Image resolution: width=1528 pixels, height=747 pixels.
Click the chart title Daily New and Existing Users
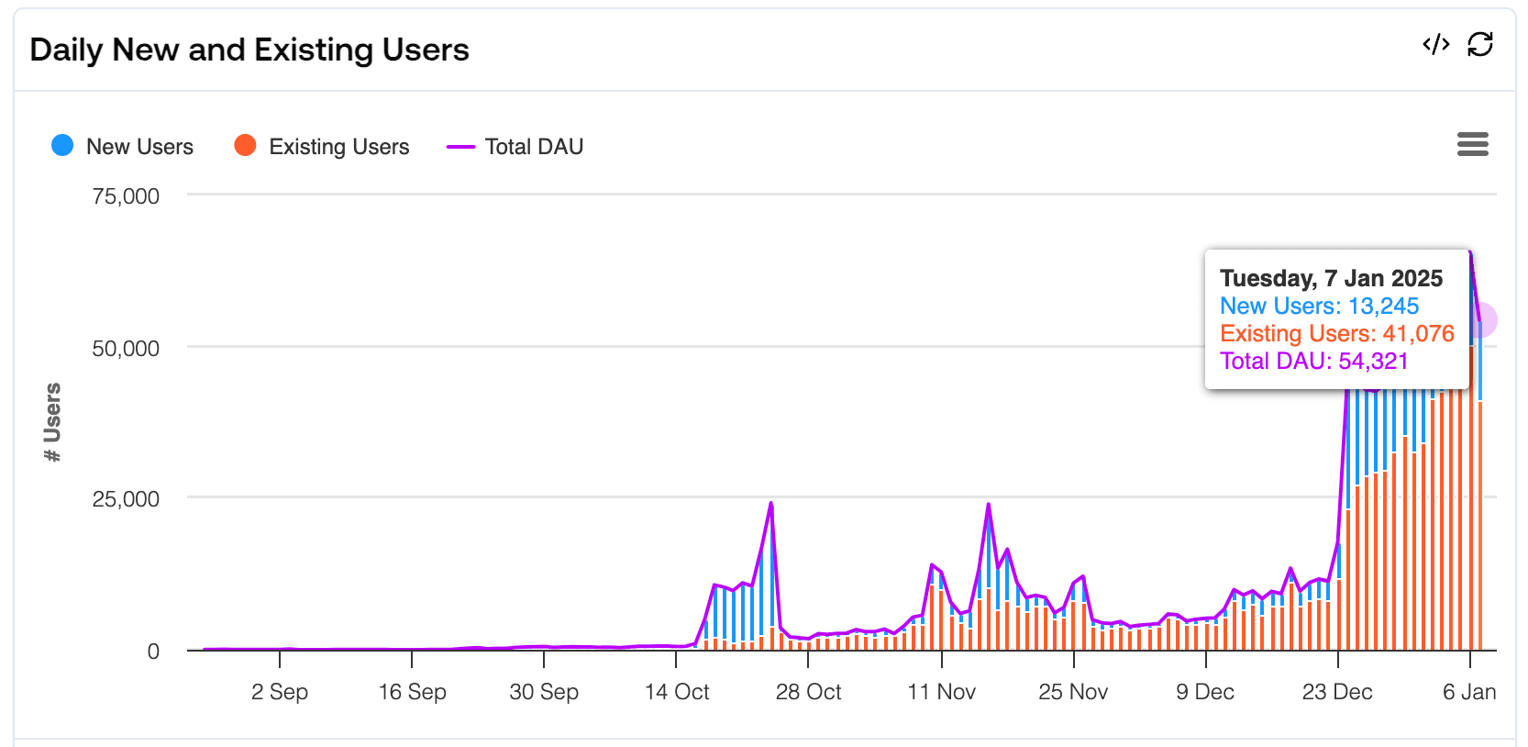249,50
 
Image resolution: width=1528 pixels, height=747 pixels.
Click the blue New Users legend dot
62,146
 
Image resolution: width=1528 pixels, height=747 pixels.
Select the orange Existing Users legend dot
245,146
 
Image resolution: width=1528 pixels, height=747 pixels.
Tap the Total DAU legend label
534,147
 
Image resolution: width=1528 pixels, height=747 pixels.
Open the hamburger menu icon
1472,144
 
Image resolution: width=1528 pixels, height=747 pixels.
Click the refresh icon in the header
1480,44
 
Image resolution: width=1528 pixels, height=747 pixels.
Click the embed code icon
1435,44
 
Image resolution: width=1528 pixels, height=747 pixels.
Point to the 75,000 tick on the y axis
126,196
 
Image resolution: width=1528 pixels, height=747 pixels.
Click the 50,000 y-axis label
126,349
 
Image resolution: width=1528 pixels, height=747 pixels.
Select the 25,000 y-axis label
126,499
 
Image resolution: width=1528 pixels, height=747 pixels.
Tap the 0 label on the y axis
153,652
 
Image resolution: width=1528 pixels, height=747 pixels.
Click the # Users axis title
52,422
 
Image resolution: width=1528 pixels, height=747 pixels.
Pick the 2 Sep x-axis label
280,692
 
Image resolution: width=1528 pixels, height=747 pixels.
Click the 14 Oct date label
677,692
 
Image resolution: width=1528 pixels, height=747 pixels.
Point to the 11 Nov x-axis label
942,692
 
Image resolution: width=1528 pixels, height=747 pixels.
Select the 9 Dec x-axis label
1205,692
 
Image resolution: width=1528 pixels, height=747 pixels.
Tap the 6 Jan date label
1468,692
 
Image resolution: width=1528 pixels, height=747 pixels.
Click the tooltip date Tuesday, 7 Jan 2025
1331,278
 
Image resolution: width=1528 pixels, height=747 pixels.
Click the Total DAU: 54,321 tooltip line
1313,361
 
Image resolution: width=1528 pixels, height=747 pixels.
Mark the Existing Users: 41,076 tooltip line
1336,333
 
